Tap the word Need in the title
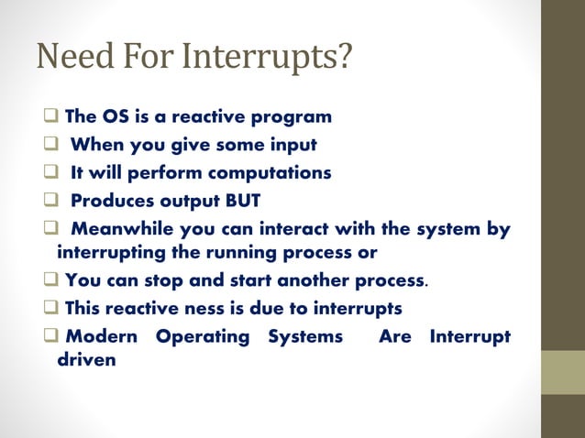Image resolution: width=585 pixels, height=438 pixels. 71,59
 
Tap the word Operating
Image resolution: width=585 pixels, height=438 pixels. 202,336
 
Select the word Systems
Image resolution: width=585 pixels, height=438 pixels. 305,336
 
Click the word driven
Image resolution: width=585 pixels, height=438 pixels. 86,359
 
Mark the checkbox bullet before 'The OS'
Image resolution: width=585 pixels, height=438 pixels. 50,117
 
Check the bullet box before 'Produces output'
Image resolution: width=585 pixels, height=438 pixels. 50,201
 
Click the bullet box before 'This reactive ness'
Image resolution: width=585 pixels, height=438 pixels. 50,308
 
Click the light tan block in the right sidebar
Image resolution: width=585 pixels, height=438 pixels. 562,372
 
